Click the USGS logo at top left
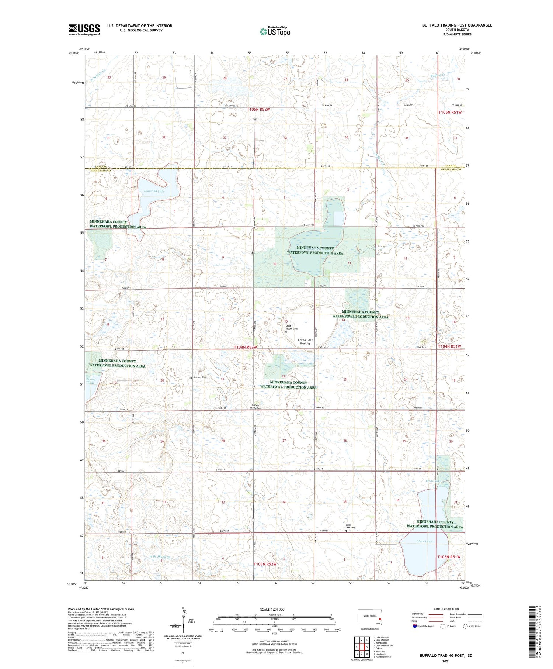click(84, 30)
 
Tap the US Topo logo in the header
click(275, 32)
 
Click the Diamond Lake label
click(154, 191)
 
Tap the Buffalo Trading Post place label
click(256, 406)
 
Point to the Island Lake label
click(91, 381)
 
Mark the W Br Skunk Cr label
click(159, 557)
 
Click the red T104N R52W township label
click(245, 347)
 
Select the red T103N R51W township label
click(449, 557)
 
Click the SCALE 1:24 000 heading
click(272, 609)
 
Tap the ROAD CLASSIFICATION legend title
click(446, 609)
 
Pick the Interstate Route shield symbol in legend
click(414, 626)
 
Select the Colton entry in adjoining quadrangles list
click(379, 648)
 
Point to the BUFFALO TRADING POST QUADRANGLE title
click(457, 25)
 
